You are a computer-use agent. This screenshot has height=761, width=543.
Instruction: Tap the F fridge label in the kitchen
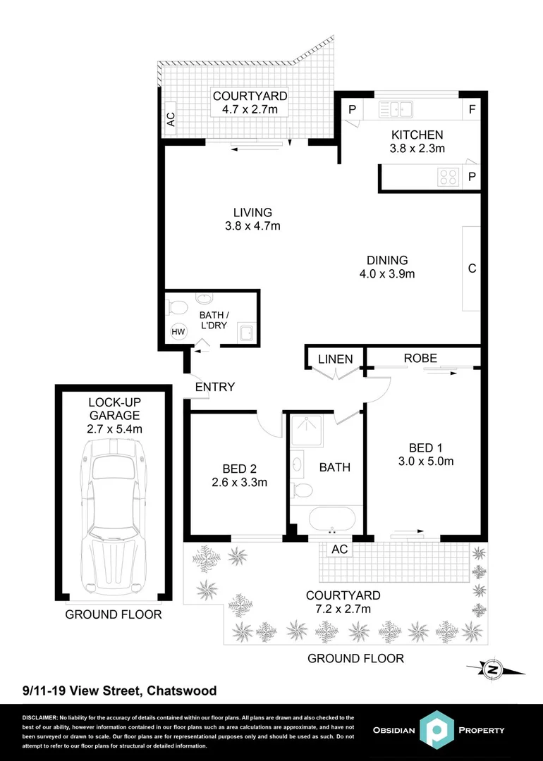(x=472, y=109)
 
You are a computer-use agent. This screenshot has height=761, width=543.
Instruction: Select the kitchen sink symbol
(x=396, y=109)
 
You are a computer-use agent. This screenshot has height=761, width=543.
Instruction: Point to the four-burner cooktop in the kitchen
(x=447, y=176)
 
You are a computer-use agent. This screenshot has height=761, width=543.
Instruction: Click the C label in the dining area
(x=472, y=268)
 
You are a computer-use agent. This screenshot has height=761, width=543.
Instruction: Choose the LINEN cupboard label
(x=335, y=359)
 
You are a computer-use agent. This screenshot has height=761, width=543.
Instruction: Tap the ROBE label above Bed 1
(x=420, y=358)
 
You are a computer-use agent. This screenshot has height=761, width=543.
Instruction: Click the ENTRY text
(x=214, y=387)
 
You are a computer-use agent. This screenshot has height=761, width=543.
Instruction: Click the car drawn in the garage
(x=113, y=514)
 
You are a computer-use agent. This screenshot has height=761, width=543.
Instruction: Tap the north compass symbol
(x=494, y=668)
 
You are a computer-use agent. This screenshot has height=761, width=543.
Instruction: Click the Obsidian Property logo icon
(x=438, y=729)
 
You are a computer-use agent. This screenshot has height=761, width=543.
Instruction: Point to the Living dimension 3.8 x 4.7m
(x=252, y=226)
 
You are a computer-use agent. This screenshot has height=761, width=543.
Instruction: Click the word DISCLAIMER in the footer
(x=39, y=717)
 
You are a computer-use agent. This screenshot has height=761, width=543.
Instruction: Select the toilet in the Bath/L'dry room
(x=177, y=308)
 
